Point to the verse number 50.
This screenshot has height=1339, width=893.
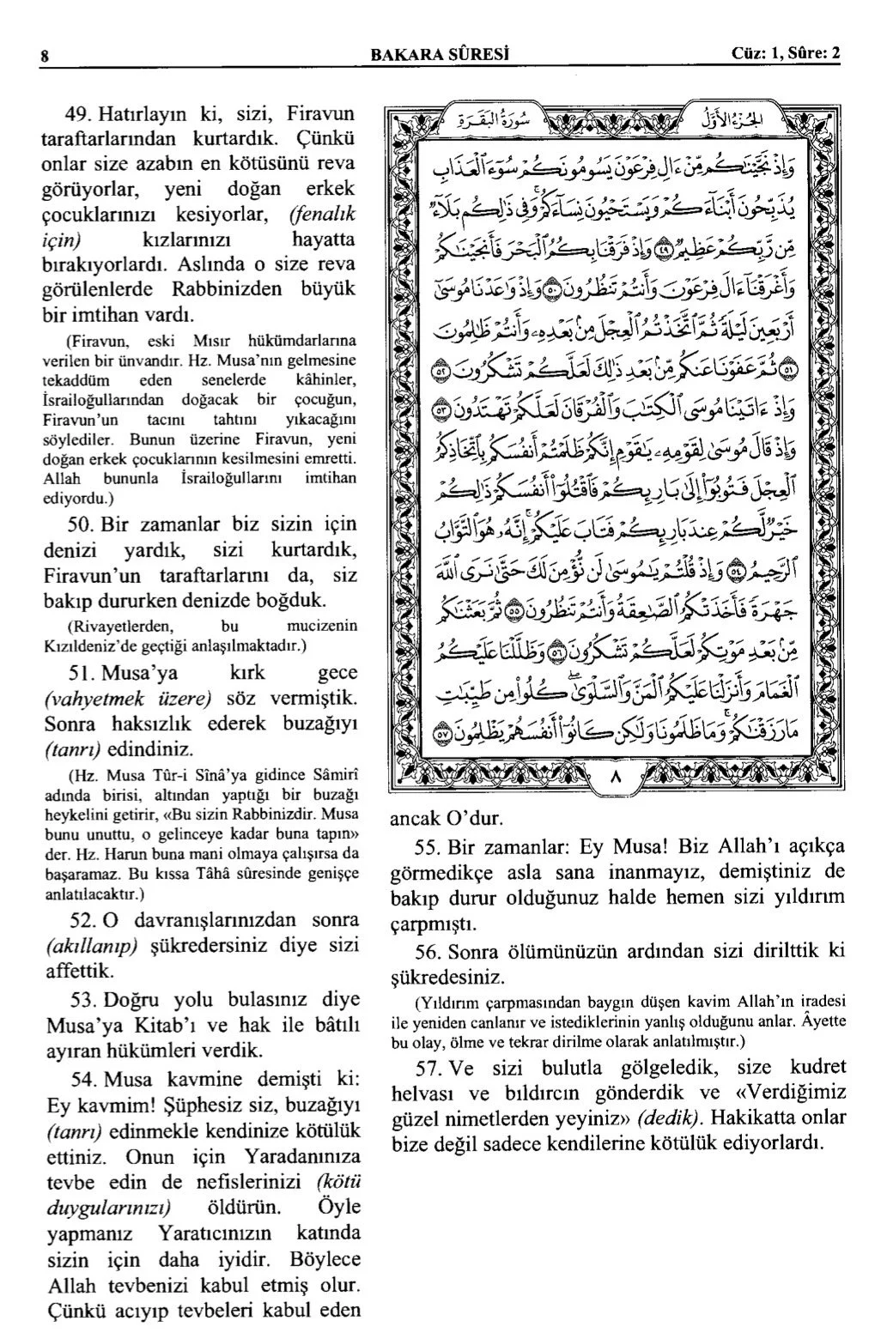(x=80, y=524)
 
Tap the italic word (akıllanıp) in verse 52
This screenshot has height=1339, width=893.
(x=91, y=947)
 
